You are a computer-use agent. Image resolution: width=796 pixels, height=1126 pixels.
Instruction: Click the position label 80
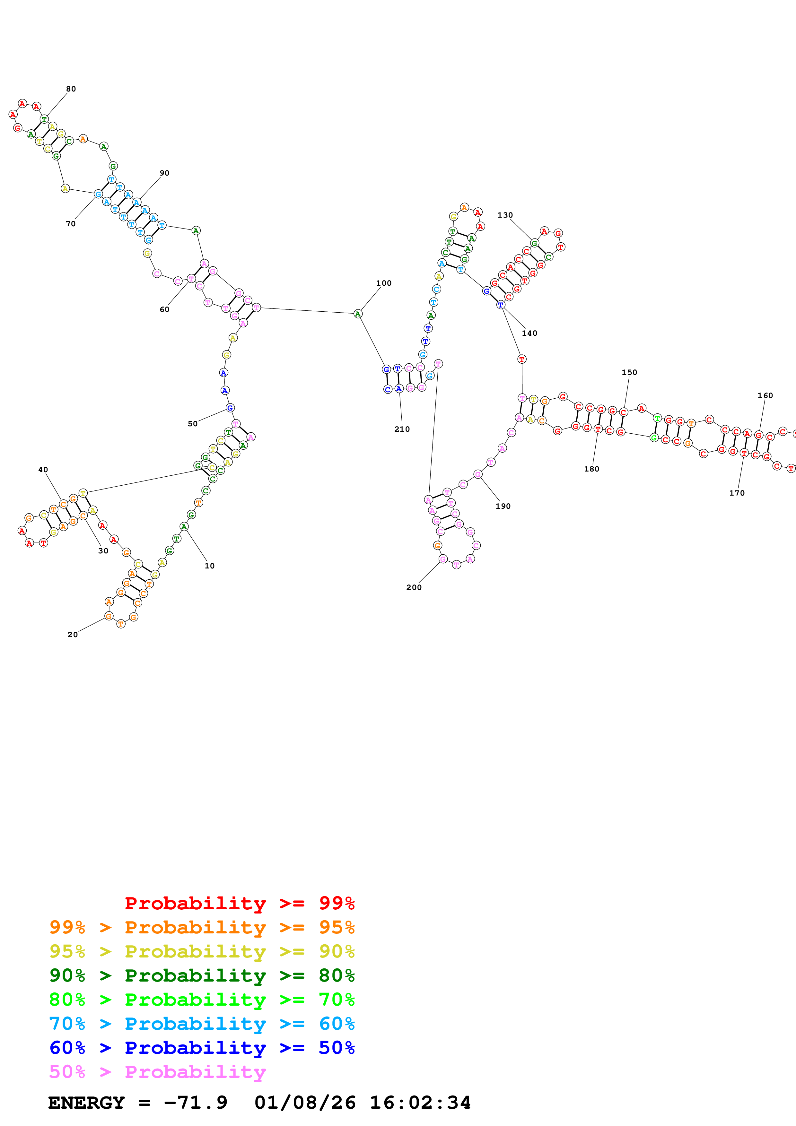pyautogui.click(x=71, y=89)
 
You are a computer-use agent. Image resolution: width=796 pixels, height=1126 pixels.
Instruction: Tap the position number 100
pyautogui.click(x=383, y=283)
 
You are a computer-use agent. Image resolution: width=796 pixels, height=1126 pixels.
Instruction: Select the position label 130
pyautogui.click(x=505, y=215)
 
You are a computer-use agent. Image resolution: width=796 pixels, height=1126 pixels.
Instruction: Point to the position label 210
pyautogui.click(x=402, y=429)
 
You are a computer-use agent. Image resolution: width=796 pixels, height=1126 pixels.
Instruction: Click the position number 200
pyautogui.click(x=414, y=587)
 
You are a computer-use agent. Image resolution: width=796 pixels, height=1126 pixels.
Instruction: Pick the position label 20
pyautogui.click(x=73, y=634)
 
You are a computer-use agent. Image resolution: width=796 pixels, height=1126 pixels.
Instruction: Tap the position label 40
pyautogui.click(x=43, y=469)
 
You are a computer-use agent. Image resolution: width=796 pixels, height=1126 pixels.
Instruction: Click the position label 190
pyautogui.click(x=503, y=506)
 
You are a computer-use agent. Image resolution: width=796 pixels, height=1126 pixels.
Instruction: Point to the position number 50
pyautogui.click(x=193, y=424)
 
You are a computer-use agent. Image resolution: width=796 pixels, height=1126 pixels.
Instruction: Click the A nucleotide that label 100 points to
pyautogui.click(x=358, y=314)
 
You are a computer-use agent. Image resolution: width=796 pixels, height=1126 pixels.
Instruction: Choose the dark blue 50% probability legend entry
pyautogui.click(x=202, y=1048)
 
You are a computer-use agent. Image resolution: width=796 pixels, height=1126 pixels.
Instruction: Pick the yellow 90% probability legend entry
pyautogui.click(x=202, y=951)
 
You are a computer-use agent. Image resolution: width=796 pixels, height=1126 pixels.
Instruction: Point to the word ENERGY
pyautogui.click(x=86, y=1103)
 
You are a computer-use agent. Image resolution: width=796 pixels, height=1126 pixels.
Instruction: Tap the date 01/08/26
pyautogui.click(x=305, y=1103)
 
